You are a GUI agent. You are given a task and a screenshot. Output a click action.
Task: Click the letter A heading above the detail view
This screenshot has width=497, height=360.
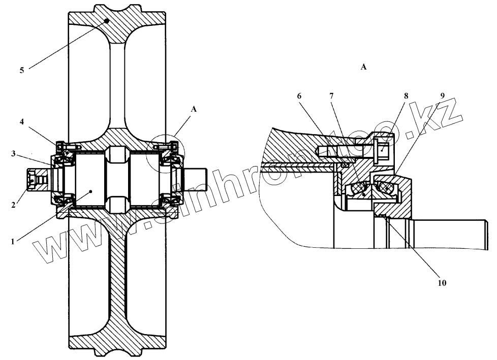point(363,67)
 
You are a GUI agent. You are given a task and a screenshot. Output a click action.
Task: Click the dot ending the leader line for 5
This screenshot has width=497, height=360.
point(107,21)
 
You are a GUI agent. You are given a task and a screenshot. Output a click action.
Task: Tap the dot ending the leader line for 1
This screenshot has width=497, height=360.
point(90,191)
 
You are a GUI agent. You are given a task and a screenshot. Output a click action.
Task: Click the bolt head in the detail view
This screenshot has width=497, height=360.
point(382,149)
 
